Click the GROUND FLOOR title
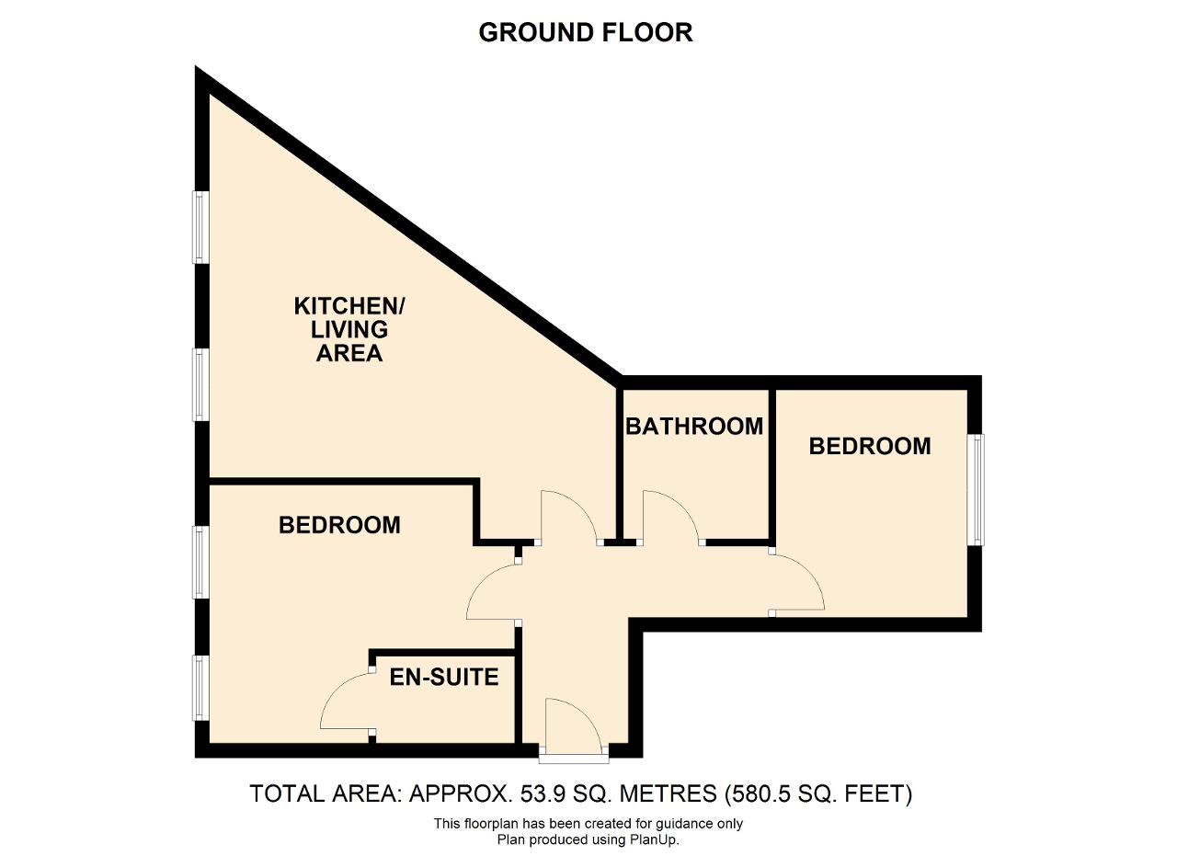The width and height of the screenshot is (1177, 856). (586, 32)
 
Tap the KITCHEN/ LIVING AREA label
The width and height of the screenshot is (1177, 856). (349, 329)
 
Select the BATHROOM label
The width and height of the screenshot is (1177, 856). (694, 426)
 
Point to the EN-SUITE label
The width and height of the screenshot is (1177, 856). (444, 678)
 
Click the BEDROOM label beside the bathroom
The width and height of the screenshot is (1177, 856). (870, 446)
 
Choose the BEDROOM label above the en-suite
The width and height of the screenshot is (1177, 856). (339, 525)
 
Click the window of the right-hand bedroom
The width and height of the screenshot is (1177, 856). (977, 490)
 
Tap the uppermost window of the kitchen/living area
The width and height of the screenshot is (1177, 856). (200, 227)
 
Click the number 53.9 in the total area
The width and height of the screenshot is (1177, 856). (543, 793)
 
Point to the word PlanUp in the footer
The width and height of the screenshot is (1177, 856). (657, 839)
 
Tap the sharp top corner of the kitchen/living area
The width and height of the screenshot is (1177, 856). (196, 66)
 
